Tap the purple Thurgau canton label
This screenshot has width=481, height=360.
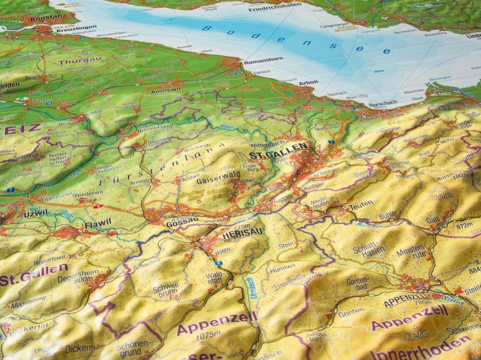[x=80, y=61]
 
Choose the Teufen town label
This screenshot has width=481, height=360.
[x=361, y=204]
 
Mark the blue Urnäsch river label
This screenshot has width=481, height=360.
[x=251, y=288]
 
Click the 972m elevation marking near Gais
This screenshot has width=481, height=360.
[x=464, y=225]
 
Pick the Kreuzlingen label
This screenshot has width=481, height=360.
[x=73, y=28]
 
